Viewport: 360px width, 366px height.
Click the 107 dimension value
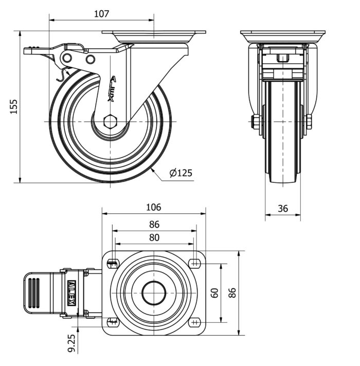coord(102,14)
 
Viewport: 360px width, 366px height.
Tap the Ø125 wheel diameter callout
coord(181,173)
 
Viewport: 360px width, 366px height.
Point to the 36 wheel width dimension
coord(282,208)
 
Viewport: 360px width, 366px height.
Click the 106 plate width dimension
coord(153,207)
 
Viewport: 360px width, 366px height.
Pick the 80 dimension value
coord(154,238)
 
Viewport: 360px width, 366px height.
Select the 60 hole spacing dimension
coord(215,292)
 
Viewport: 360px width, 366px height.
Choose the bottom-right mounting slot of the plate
coord(194,322)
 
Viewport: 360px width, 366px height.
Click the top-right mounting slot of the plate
coord(194,263)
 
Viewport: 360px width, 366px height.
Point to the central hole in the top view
coord(154,294)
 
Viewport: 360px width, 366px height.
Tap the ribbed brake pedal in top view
coord(34,293)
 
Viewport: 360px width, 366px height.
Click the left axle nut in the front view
coord(255,122)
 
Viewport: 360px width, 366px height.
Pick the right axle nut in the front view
coord(308,122)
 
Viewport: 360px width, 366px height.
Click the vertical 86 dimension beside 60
coord(232,292)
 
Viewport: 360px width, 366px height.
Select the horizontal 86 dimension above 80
coord(154,224)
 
